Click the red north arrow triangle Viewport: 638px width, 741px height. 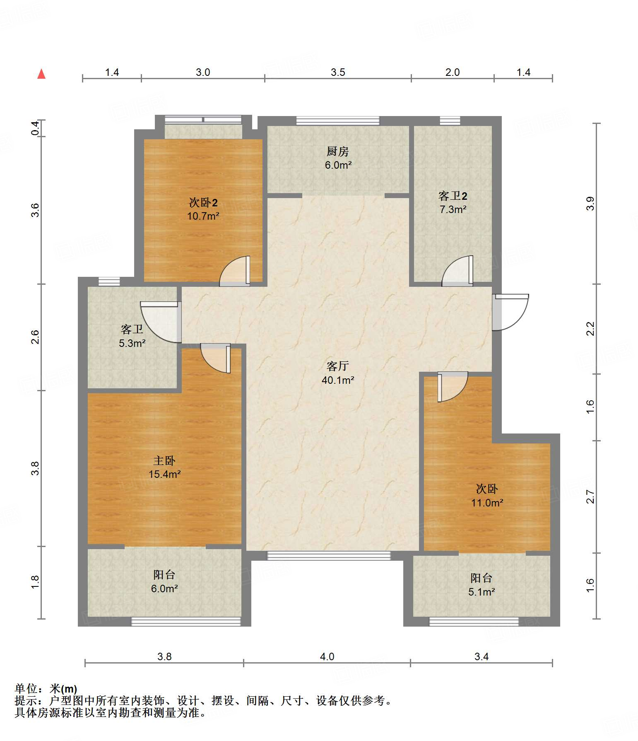tap(41, 74)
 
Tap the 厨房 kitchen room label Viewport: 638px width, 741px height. tap(338, 152)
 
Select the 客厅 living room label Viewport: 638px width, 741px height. tap(338, 366)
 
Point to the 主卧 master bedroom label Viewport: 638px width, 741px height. tap(164, 461)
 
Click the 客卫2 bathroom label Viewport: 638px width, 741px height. tap(453, 196)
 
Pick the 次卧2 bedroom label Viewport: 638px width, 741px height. tap(203, 203)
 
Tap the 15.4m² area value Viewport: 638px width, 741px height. tap(165, 475)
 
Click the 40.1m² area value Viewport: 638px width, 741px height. tap(338, 380)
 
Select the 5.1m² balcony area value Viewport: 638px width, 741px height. tap(482, 592)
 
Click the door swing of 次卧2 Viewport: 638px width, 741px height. tap(235, 271)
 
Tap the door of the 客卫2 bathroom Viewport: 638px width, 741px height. tap(457, 271)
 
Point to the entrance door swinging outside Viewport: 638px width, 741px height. tap(510, 312)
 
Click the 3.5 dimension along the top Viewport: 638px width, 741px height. tap(338, 73)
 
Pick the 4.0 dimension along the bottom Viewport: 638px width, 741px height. tap(327, 657)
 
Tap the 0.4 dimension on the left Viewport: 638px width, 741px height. tap(36, 128)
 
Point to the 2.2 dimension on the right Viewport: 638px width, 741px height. tap(590, 329)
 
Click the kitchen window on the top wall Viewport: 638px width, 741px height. tap(338, 121)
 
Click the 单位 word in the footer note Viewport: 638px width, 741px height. tap(26, 689)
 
